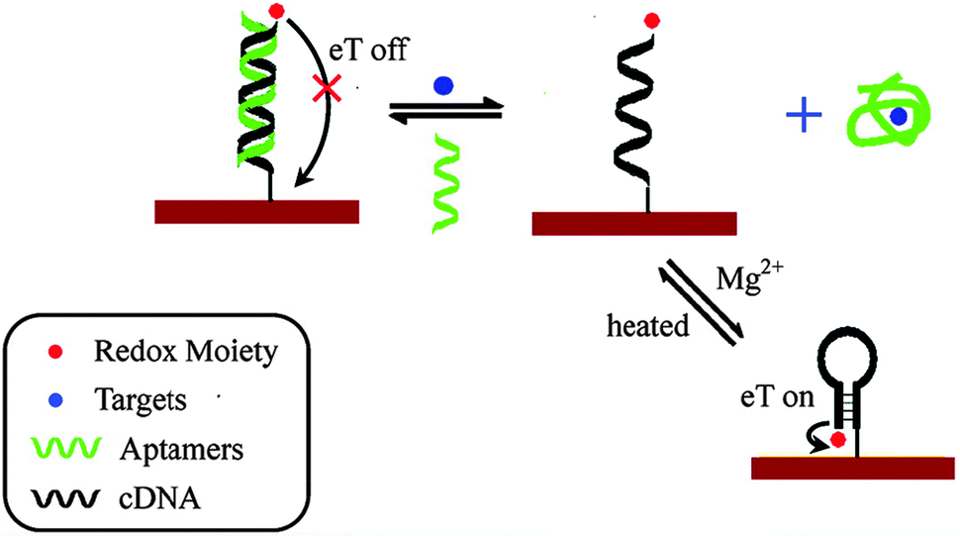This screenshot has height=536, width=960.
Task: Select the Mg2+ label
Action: click(741, 280)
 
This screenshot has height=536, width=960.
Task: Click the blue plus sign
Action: click(805, 117)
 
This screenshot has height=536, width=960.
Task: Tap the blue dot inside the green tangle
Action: click(897, 117)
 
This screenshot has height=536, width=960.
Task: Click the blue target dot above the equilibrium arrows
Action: click(443, 86)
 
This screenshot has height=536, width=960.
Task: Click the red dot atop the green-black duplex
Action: click(277, 12)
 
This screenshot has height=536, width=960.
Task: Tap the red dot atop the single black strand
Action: click(650, 19)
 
